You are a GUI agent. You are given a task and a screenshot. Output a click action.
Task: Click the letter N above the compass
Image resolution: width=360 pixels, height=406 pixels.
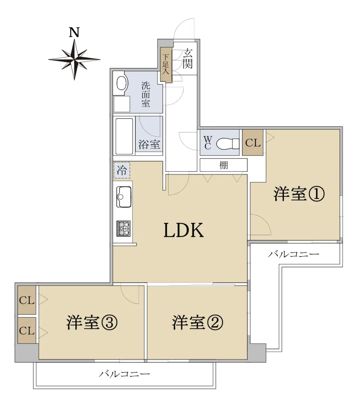[74, 32]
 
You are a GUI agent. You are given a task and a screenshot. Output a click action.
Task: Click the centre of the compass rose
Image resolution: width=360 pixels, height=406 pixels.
[74, 59]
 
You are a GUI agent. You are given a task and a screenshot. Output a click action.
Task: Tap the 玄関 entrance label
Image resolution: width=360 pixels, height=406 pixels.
[188, 59]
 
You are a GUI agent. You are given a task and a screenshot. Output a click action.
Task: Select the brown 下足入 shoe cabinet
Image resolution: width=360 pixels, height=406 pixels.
[166, 65]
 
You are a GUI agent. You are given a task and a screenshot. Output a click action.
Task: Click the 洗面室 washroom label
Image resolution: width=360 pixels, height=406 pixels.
[146, 94]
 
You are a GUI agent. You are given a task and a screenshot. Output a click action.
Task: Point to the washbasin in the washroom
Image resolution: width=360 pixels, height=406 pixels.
[122, 83]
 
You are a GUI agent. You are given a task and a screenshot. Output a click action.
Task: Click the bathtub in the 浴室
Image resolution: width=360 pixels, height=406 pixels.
[124, 136]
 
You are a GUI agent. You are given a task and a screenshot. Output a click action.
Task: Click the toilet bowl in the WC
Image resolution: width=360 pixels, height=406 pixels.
[228, 143]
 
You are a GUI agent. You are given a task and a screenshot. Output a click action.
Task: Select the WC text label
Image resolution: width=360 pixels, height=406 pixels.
[208, 143]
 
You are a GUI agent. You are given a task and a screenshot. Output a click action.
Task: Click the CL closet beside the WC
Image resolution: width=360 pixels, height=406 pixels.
[253, 143]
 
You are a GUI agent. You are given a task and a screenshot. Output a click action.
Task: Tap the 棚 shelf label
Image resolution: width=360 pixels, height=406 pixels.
[224, 165]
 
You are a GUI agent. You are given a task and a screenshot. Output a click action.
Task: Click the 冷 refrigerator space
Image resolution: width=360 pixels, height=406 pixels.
[122, 170]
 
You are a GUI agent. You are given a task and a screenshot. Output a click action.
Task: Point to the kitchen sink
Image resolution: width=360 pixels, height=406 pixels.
[124, 197]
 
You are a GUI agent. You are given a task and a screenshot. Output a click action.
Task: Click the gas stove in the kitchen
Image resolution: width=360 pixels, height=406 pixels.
[123, 229]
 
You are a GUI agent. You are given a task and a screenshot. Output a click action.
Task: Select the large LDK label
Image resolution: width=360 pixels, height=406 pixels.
[184, 230]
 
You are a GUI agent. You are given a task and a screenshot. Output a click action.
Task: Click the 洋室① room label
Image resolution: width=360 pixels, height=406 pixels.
[299, 194]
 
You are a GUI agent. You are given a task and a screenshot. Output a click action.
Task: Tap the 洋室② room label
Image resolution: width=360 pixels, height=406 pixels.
[198, 322]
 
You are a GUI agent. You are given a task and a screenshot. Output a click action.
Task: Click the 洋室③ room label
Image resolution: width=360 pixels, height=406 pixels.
[92, 322]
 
